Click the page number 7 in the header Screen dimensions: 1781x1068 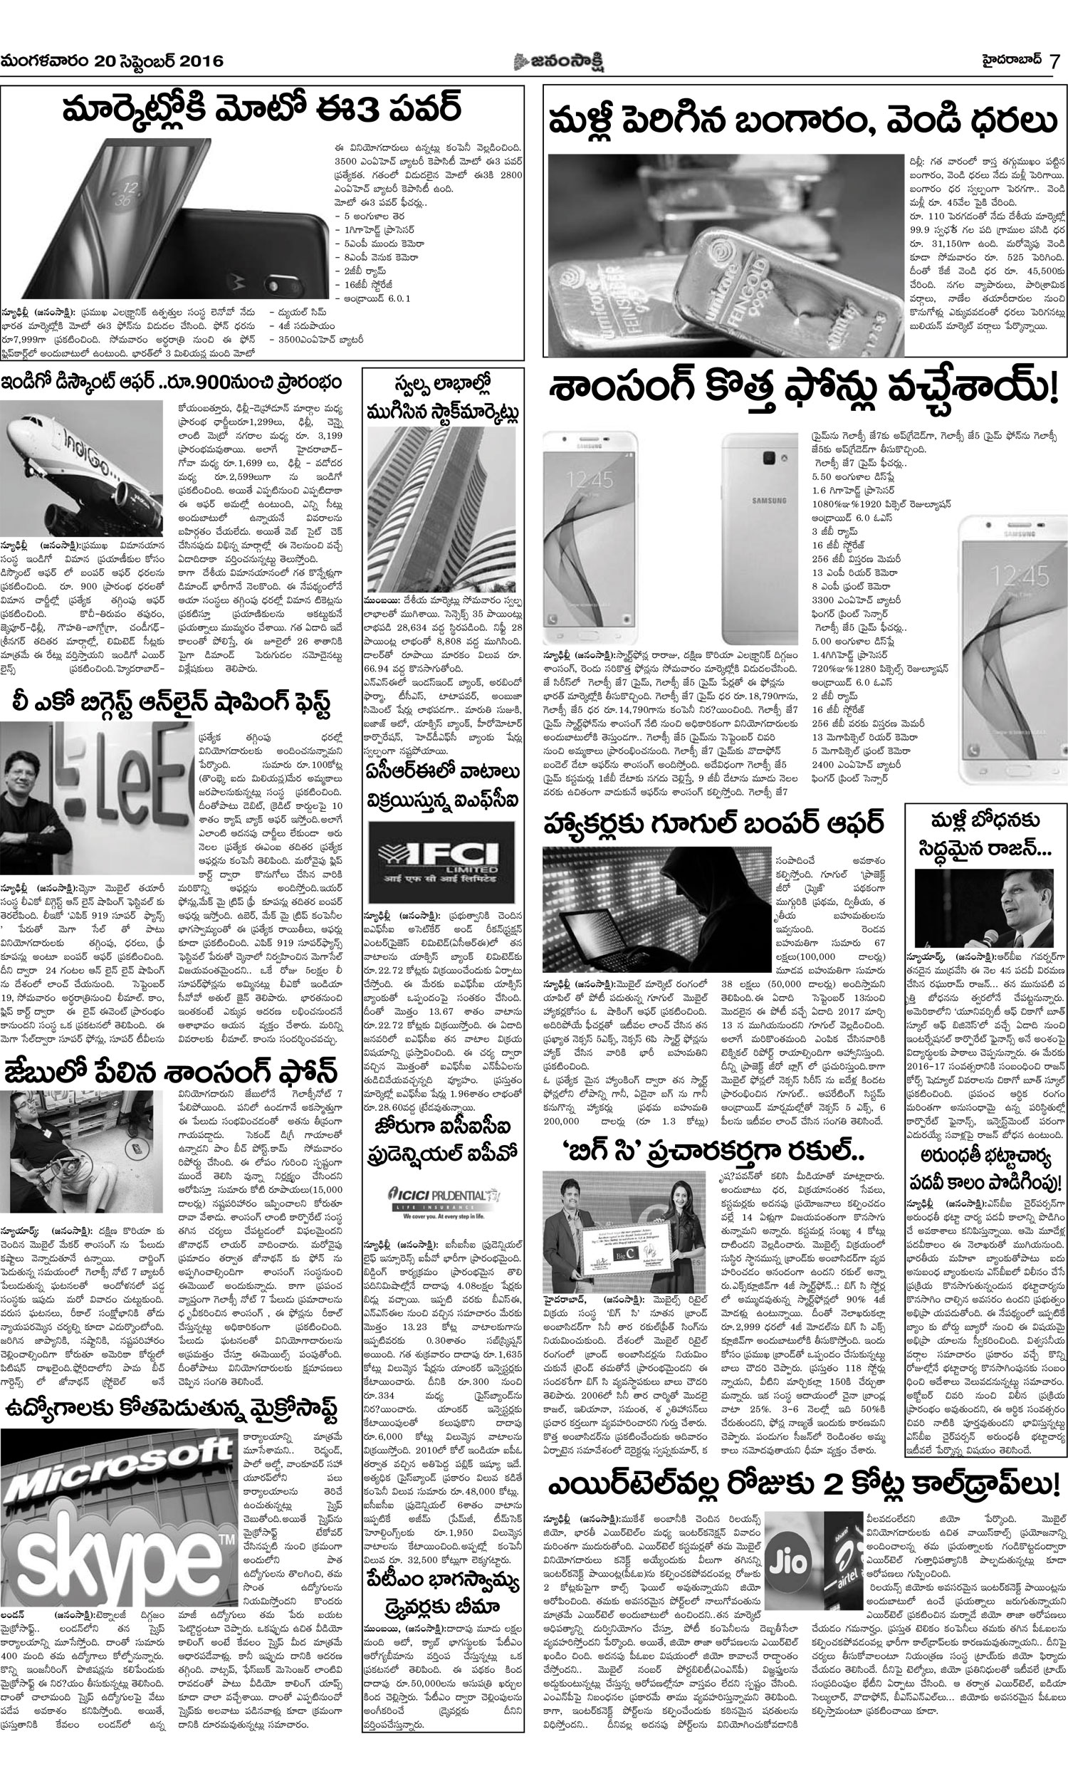[1054, 61]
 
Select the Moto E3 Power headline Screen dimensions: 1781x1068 [261, 109]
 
